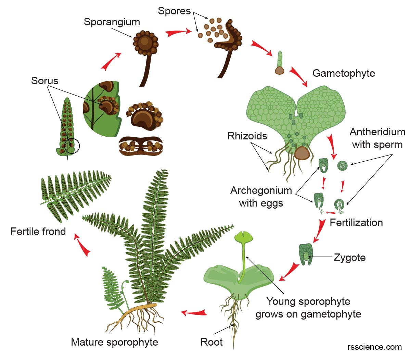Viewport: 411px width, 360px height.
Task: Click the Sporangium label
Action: [112, 22]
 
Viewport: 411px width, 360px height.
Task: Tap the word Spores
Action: [174, 11]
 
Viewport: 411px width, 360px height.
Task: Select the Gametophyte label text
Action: [344, 73]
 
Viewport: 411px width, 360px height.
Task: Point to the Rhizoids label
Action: [247, 136]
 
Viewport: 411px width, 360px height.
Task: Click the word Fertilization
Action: [356, 223]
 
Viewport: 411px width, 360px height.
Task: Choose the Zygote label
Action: [349, 258]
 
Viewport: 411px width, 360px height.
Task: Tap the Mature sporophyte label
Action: [114, 342]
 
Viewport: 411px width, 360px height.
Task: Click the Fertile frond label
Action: [38, 232]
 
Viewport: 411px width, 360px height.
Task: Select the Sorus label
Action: [44, 81]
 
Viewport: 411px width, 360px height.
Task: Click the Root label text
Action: [211, 342]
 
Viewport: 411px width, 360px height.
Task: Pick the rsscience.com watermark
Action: [374, 347]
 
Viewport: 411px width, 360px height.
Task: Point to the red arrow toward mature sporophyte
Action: [194, 312]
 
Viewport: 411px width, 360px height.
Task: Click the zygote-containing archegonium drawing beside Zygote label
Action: [306, 254]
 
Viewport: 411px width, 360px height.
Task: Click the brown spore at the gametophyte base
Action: [302, 153]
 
